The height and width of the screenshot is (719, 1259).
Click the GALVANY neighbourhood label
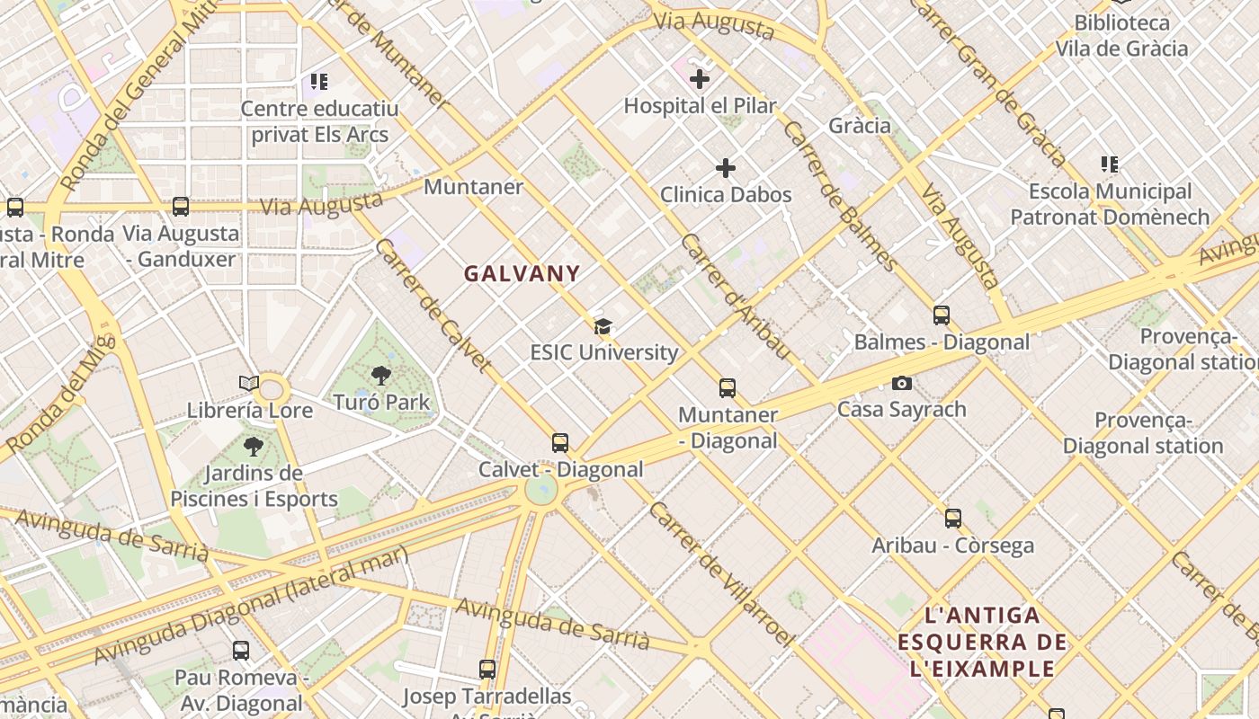tap(522, 273)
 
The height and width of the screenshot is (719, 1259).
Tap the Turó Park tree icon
tap(381, 376)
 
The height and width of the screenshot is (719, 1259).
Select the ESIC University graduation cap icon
tap(603, 326)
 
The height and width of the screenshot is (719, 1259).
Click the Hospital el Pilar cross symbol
tap(700, 79)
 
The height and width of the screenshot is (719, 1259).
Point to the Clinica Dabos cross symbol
tap(726, 168)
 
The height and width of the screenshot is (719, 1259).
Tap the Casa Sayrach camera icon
tap(902, 384)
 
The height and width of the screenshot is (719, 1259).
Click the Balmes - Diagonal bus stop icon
tap(942, 315)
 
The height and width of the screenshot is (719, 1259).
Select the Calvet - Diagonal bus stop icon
tap(560, 443)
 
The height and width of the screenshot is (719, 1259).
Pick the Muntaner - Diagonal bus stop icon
tap(728, 388)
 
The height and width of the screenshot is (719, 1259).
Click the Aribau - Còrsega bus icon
tap(953, 519)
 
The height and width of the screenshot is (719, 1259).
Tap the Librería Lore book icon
tap(249, 384)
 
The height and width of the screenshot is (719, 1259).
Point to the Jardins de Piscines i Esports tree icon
tap(254, 446)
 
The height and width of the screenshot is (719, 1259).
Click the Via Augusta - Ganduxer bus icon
tap(181, 208)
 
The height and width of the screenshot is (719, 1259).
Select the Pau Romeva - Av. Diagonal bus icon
tap(241, 651)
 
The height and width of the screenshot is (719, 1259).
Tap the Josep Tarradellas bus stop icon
tap(487, 670)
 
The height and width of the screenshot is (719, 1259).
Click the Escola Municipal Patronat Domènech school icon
tap(1110, 164)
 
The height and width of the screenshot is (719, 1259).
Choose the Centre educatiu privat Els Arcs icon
tap(319, 83)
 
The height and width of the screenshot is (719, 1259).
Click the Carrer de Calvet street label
tap(433, 306)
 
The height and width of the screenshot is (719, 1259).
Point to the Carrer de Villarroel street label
tap(721, 573)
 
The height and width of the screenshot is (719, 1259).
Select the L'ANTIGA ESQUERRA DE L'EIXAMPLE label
tap(982, 642)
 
